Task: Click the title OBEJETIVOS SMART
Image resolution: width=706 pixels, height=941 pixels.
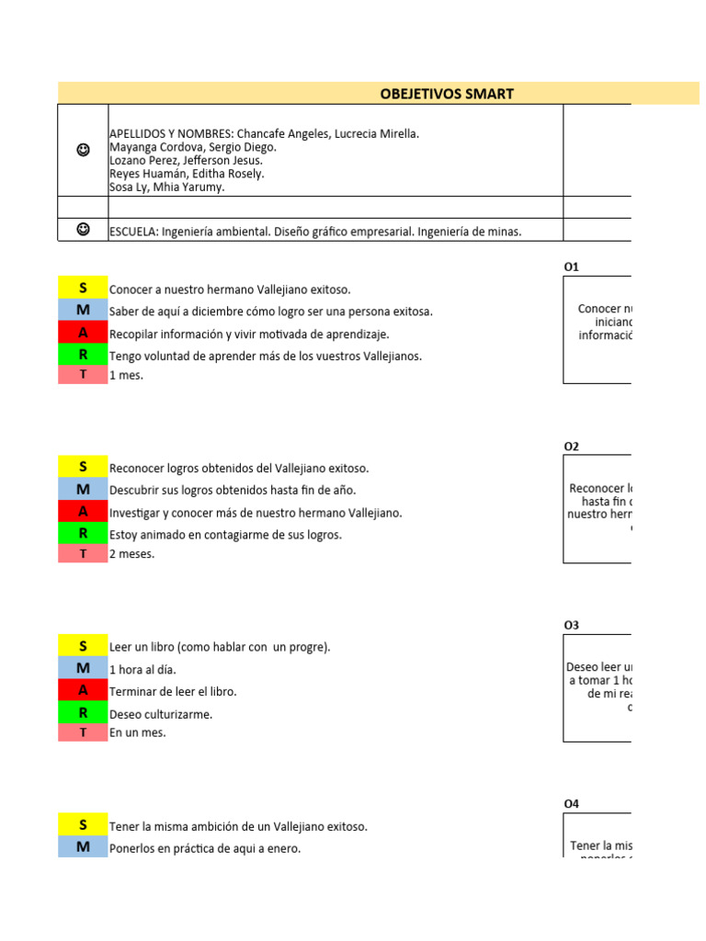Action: [x=447, y=94]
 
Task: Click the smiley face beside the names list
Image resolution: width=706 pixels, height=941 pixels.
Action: [x=83, y=150]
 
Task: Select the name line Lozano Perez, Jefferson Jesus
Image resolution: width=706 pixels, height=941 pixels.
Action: [x=186, y=160]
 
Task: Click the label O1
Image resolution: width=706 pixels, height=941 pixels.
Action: [x=572, y=267]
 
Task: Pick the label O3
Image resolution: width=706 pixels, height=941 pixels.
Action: [x=572, y=626]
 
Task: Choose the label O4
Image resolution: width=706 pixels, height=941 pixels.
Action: [x=572, y=804]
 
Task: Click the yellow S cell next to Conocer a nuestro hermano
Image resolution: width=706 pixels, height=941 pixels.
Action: [x=83, y=289]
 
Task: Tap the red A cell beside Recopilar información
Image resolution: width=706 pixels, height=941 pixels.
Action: [x=83, y=334]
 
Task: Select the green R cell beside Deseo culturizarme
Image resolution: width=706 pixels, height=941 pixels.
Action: [x=83, y=714]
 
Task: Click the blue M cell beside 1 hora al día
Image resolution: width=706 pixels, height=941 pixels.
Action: [x=83, y=669]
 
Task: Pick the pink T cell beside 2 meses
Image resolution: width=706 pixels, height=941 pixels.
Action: [x=83, y=554]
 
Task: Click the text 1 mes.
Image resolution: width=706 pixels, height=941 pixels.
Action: [x=126, y=375]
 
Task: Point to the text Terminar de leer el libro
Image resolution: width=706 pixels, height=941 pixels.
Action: [x=173, y=692]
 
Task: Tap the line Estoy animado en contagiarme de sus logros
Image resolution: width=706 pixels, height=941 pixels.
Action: [x=225, y=535]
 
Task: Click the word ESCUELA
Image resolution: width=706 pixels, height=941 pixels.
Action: [x=133, y=232]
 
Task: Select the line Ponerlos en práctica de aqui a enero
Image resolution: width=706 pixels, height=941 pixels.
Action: [x=205, y=849]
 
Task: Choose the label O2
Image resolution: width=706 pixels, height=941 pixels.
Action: [x=572, y=447]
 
